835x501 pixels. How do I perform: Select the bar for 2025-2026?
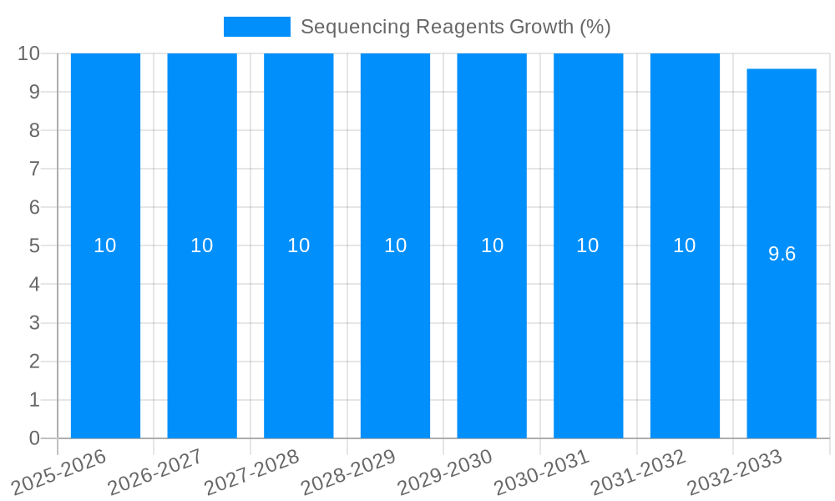point(105,167)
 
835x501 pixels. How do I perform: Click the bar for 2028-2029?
point(395,167)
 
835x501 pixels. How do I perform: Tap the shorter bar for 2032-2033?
point(782,167)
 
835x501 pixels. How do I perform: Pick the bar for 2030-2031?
point(588,167)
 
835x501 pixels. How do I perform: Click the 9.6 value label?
point(782,254)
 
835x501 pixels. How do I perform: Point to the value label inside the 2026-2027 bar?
point(202,245)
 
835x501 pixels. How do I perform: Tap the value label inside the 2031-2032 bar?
point(685,245)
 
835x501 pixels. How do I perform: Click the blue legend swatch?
point(256,27)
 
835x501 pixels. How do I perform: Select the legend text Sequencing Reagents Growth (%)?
point(455,27)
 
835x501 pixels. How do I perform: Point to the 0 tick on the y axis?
point(34,438)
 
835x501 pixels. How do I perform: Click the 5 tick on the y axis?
point(34,246)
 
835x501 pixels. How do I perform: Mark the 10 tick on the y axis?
point(29,53)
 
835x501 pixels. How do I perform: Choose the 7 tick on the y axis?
point(34,169)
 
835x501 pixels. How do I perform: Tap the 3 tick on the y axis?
point(34,323)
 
